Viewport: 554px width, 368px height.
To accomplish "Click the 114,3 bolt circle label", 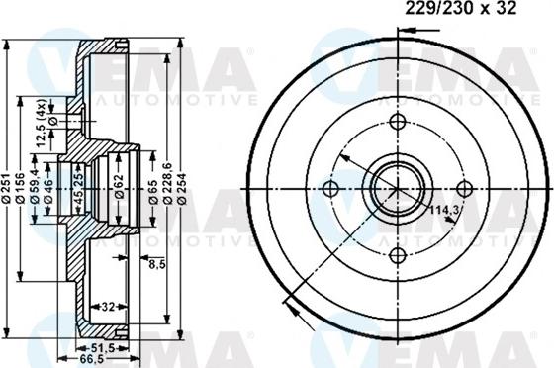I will (x=442, y=210).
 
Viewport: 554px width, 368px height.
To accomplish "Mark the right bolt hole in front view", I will (x=463, y=189).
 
